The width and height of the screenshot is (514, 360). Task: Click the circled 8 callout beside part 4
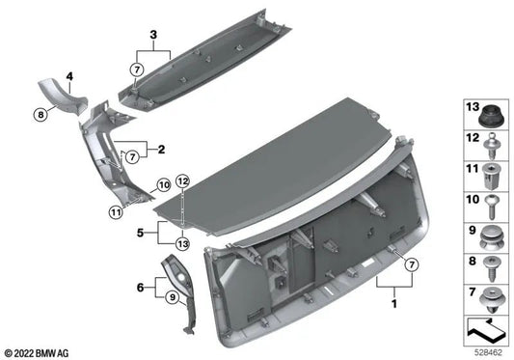coord(41,115)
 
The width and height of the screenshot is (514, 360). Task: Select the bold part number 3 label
coord(153,35)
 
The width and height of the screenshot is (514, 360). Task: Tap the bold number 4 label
coord(69,77)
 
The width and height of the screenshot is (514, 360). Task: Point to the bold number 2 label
coord(161,150)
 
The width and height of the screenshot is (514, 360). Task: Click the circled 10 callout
coord(164,185)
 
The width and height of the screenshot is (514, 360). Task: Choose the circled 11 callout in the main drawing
coord(116,212)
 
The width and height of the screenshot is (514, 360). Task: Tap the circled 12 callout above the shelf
coord(183,181)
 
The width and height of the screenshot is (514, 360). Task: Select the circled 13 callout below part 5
coord(182,243)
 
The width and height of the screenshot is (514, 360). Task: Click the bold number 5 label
coord(140,233)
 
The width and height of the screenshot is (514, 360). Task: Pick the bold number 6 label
coord(140,288)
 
